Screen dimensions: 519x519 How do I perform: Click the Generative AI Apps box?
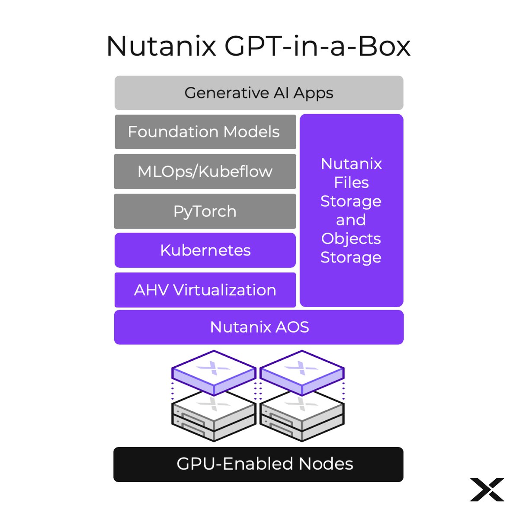(x=259, y=93)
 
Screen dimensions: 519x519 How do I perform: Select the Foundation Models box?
(x=205, y=132)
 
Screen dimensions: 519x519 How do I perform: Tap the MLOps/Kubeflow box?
(x=205, y=171)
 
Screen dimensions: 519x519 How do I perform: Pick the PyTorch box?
(x=205, y=211)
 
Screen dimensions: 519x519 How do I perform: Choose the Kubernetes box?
(x=205, y=250)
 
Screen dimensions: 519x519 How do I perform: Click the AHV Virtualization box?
(x=205, y=290)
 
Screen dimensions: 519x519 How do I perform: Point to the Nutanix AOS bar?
(x=259, y=327)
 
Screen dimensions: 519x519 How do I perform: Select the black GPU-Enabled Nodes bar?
(x=259, y=464)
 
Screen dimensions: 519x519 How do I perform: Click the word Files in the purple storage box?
(x=351, y=183)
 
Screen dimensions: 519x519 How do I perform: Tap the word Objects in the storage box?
(x=351, y=238)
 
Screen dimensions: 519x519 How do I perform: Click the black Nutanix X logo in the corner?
(x=487, y=489)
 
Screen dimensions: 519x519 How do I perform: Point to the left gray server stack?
(x=214, y=415)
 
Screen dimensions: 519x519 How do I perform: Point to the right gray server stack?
(x=302, y=415)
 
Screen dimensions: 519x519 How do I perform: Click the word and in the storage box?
(x=351, y=220)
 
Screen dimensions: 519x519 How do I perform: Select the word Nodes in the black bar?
(x=326, y=464)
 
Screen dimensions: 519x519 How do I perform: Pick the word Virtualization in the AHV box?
(x=224, y=290)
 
